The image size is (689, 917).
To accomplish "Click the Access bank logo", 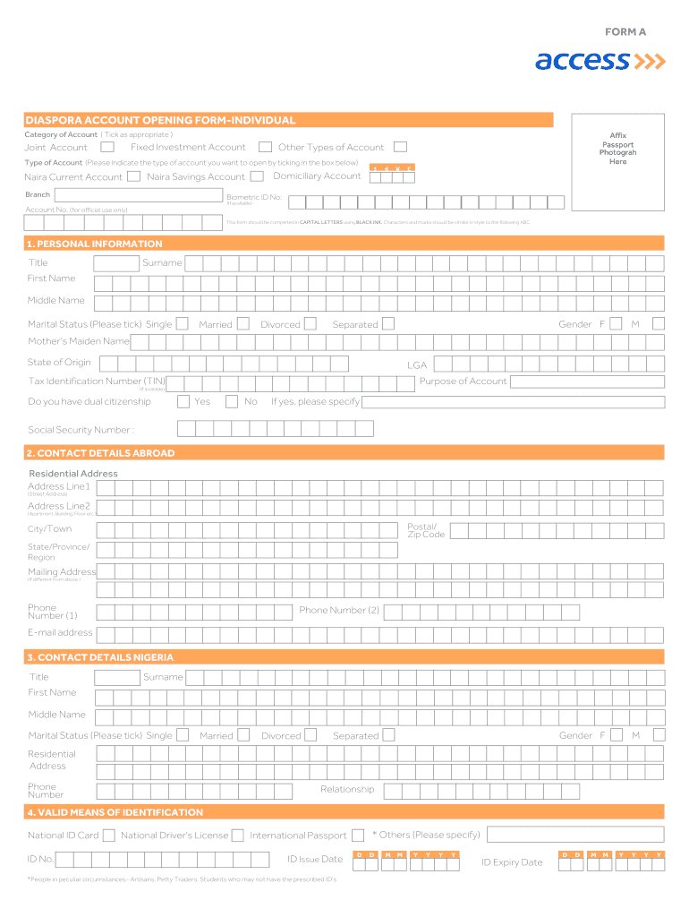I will click(x=600, y=61).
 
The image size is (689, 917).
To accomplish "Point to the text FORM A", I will click(x=625, y=31).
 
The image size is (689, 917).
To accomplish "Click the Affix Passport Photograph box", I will click(x=617, y=149).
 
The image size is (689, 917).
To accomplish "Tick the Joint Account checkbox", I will click(x=107, y=147).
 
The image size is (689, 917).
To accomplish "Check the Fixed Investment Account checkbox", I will click(x=265, y=147).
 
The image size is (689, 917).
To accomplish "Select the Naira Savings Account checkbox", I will click(x=257, y=176).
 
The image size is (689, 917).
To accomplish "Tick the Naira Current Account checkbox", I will click(x=133, y=176).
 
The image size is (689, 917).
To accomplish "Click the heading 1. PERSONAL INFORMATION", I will click(x=95, y=244).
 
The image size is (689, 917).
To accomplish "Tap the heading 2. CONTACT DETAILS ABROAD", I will click(x=100, y=453).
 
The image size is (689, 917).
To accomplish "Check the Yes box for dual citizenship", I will click(x=183, y=401).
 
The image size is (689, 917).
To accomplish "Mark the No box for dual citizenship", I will click(x=232, y=401).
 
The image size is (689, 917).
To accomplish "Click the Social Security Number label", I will click(x=81, y=430).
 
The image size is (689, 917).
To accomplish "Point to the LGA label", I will click(x=417, y=365).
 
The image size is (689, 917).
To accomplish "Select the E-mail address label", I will click(x=60, y=632).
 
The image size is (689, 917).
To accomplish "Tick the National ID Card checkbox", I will click(x=108, y=836).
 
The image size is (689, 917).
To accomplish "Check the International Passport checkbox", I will click(x=358, y=836).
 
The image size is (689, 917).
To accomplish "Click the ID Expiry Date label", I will click(x=512, y=862).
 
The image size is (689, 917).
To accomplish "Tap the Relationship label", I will click(x=347, y=789).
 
